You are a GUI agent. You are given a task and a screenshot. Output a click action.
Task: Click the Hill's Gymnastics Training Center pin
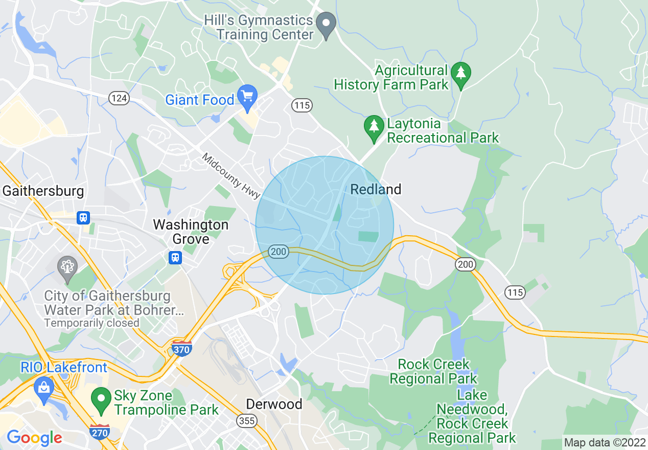point(326,25)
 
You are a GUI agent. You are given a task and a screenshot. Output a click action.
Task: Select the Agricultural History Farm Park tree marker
point(461,74)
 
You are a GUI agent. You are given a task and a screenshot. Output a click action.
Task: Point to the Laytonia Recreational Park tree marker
point(374,127)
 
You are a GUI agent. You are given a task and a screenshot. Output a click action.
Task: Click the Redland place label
point(376,190)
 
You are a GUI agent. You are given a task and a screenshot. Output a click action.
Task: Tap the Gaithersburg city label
point(43,191)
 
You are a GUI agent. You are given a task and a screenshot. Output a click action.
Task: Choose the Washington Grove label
point(191,232)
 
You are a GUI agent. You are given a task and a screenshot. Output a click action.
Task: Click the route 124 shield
point(120,98)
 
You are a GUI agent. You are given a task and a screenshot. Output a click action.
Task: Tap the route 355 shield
point(246,420)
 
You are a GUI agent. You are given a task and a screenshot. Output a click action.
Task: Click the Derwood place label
point(274,404)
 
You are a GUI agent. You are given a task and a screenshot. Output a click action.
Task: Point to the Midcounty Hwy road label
point(232,176)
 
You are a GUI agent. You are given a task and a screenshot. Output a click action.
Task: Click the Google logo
point(34,438)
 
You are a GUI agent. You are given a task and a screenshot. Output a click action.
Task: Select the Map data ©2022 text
point(604,442)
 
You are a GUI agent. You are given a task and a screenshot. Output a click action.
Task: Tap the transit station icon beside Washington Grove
point(175,257)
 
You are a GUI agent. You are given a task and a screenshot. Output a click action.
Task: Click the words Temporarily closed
point(91,323)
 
